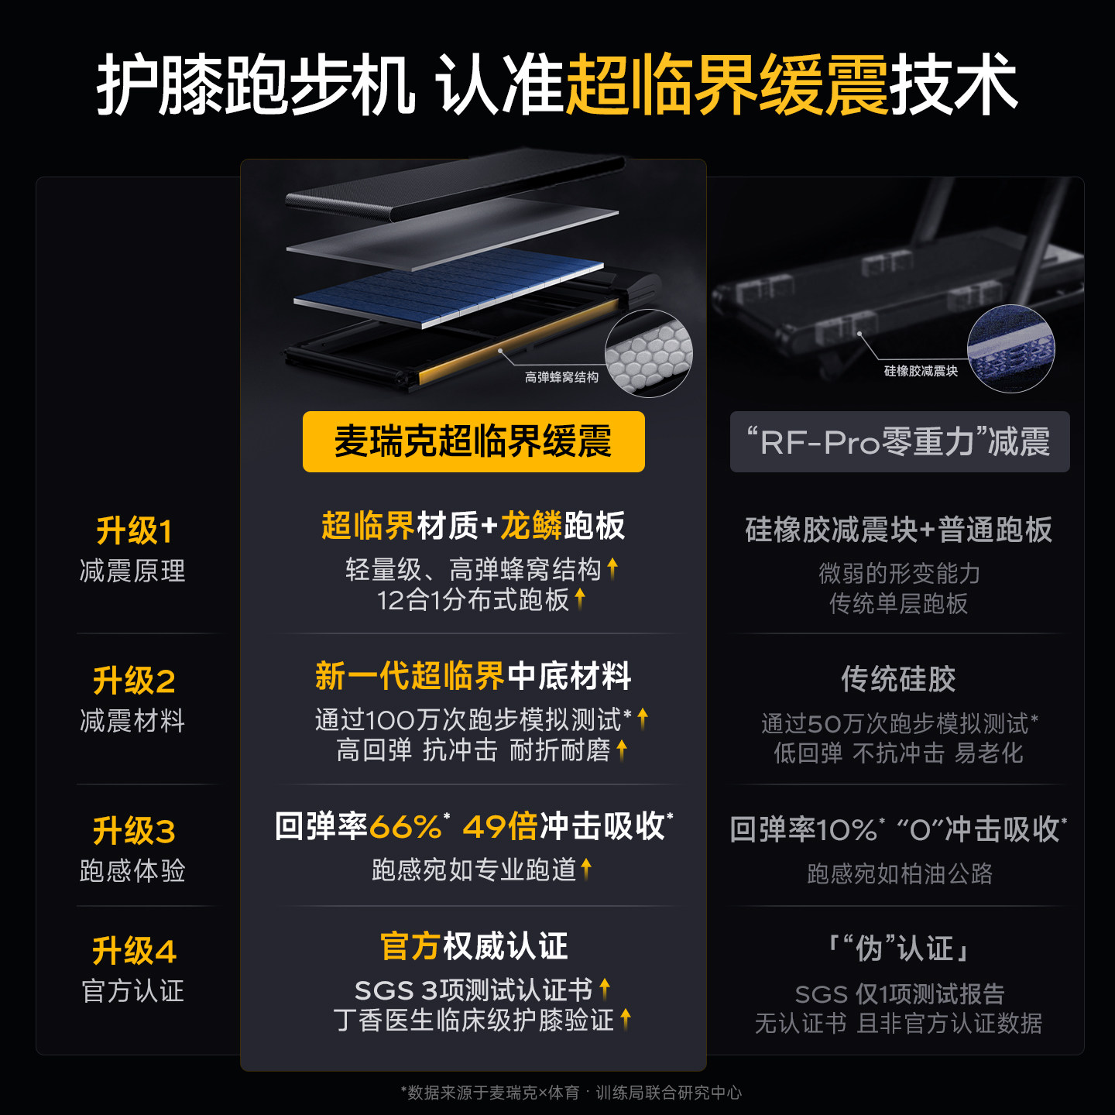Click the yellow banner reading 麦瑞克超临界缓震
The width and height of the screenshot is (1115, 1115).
(x=473, y=441)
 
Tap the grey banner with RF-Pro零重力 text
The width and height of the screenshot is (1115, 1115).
(x=900, y=441)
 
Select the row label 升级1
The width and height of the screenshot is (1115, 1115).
(x=134, y=530)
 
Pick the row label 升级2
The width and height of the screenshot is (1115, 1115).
(x=134, y=681)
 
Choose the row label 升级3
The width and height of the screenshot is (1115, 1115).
(x=134, y=831)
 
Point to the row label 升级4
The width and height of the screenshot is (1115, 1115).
(x=134, y=951)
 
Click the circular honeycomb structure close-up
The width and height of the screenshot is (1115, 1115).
(x=649, y=353)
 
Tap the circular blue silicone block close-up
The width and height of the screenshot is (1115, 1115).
(x=1010, y=349)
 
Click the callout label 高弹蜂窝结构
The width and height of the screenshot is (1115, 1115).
(x=561, y=377)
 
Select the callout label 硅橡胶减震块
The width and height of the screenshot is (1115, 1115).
(x=921, y=371)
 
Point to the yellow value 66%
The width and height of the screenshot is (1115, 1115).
(x=406, y=826)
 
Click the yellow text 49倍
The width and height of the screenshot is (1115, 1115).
(x=500, y=826)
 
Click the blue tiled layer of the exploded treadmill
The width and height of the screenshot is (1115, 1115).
(x=449, y=287)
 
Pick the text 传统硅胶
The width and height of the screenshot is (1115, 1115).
(x=899, y=679)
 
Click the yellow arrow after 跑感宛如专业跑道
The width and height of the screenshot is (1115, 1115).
(x=586, y=869)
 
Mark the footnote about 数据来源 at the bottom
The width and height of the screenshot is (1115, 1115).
(x=571, y=1093)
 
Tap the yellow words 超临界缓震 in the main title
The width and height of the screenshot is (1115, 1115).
(x=727, y=84)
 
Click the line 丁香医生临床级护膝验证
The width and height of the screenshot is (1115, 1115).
(x=474, y=1020)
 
